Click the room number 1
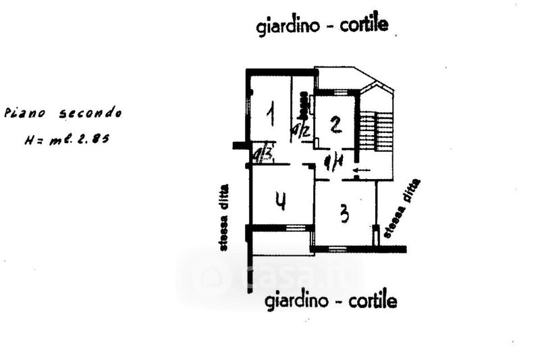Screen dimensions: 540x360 point(270,114)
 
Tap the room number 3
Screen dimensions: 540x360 point(344,214)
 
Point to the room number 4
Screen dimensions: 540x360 point(281,201)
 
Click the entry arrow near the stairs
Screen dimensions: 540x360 point(362,170)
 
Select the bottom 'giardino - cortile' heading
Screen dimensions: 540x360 point(331,299)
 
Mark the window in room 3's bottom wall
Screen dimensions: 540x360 point(337,249)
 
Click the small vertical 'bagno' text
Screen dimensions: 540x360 point(306,104)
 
